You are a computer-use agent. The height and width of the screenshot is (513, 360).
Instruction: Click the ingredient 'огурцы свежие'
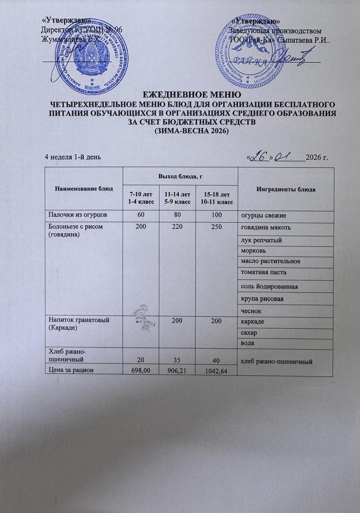click(x=263, y=216)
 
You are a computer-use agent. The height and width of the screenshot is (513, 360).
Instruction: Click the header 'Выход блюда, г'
click(x=179, y=176)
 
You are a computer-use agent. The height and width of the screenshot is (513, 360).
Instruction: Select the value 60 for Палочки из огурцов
click(x=140, y=216)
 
